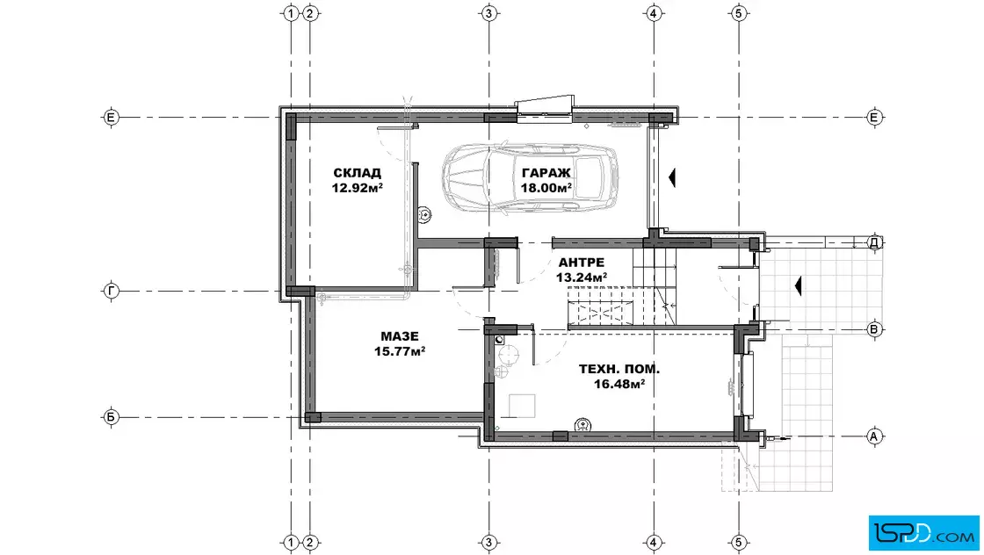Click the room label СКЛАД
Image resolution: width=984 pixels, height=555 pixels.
357,172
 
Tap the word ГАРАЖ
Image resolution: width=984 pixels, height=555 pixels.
546,172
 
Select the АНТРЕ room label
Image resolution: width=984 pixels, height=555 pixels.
581,263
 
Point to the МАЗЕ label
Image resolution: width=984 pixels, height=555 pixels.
400,336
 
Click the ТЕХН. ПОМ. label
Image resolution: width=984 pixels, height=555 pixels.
619,369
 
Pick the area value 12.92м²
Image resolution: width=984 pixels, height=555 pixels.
357,188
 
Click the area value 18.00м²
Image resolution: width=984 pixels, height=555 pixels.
546,188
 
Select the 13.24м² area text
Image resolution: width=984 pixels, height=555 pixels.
581,277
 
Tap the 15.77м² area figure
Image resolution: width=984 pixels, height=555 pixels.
400,352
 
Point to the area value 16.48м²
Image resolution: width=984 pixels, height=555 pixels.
619,384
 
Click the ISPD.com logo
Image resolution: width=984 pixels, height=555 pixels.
923,533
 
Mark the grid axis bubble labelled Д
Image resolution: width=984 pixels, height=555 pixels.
874,242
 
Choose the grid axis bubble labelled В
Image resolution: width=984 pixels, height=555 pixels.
874,329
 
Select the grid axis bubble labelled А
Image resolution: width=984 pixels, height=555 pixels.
874,436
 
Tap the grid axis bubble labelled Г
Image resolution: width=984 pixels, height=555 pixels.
111,291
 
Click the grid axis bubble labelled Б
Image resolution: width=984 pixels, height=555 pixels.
111,417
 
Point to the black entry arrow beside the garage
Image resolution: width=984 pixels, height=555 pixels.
672,178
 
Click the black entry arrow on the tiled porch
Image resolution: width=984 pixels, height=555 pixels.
799,286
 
